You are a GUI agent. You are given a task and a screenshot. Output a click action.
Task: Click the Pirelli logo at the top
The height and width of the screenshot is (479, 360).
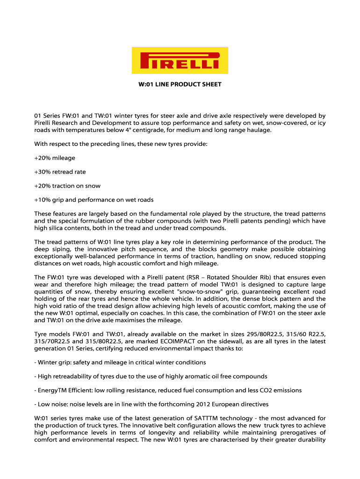pos(180,60)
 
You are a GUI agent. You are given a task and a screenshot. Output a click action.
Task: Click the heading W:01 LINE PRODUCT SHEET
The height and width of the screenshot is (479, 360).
pos(180,85)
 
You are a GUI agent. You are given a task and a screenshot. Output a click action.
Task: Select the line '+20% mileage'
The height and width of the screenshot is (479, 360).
pos(55,158)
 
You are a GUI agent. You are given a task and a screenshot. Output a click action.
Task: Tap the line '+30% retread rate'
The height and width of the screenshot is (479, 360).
pos(60,172)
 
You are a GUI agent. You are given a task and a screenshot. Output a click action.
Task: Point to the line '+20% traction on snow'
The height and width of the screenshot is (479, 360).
pos(67,186)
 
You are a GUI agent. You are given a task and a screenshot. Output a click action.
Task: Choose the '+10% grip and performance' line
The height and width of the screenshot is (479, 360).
pos(94,200)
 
